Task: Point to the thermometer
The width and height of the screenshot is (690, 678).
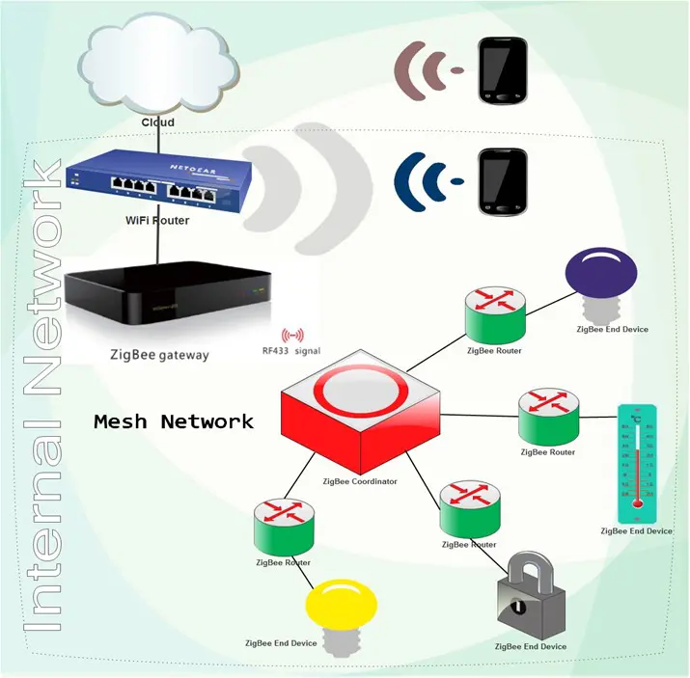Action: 637,464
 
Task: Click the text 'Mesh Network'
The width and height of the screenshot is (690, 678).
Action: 174,421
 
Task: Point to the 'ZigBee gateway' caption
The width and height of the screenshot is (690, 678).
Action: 159,355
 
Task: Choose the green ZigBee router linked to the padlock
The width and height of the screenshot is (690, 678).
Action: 469,508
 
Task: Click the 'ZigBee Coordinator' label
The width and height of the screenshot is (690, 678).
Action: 360,480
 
